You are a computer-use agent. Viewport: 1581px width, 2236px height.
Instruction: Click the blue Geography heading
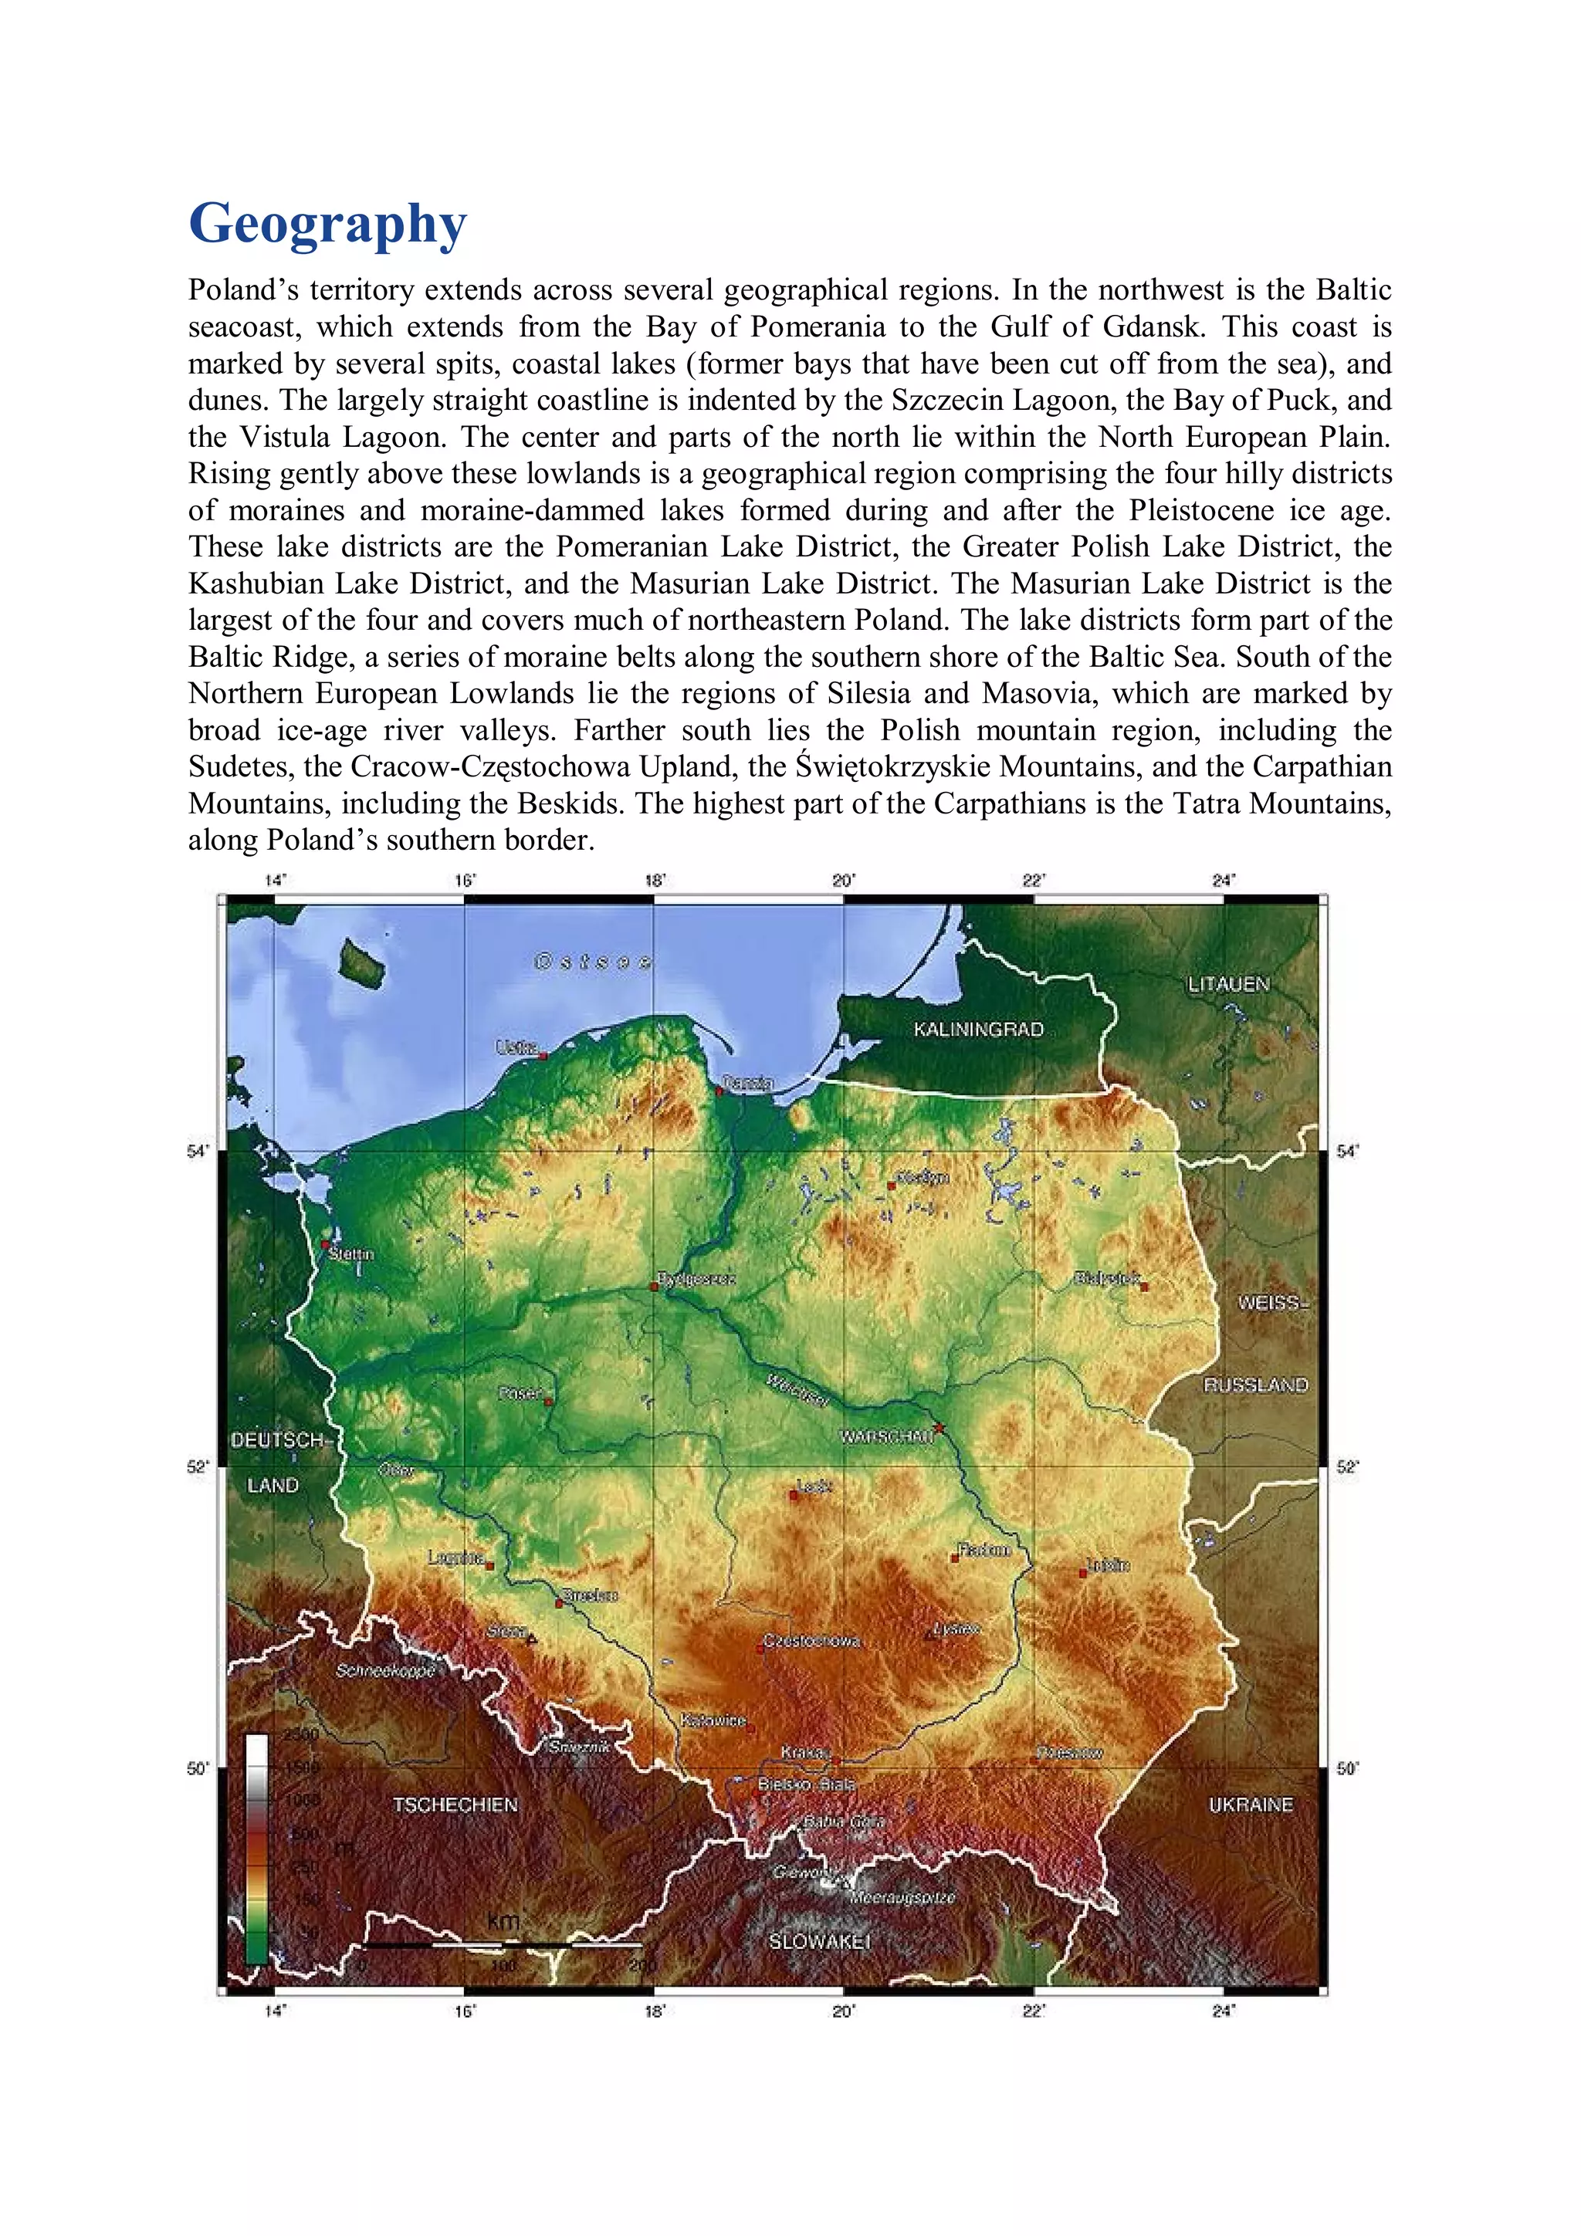(x=327, y=224)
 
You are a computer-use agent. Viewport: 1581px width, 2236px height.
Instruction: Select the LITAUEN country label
(x=1227, y=985)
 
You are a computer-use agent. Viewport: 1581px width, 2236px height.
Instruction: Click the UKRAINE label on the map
(x=1250, y=1805)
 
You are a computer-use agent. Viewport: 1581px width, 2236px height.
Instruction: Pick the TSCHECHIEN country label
(x=455, y=1805)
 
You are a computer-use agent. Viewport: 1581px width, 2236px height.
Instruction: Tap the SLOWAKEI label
(x=818, y=1941)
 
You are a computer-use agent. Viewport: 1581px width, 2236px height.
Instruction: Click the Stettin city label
(x=350, y=1254)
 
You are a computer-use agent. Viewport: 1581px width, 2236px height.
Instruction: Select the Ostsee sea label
(x=592, y=962)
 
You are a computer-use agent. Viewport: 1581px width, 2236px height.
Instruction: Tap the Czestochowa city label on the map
(x=811, y=1641)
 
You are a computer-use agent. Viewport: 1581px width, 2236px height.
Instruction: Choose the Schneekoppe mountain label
(x=384, y=1670)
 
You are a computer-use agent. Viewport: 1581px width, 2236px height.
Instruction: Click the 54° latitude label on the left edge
(x=198, y=1151)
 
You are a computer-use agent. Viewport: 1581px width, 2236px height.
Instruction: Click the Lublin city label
(x=1109, y=1565)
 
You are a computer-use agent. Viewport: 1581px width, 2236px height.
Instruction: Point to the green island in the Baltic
(x=361, y=960)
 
